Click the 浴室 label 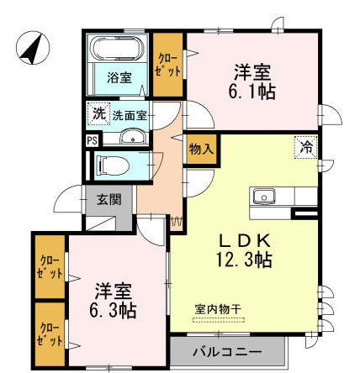coord(119,78)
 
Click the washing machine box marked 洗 coord(98,113)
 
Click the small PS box coord(92,140)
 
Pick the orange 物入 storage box coord(199,149)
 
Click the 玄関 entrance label coord(109,201)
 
